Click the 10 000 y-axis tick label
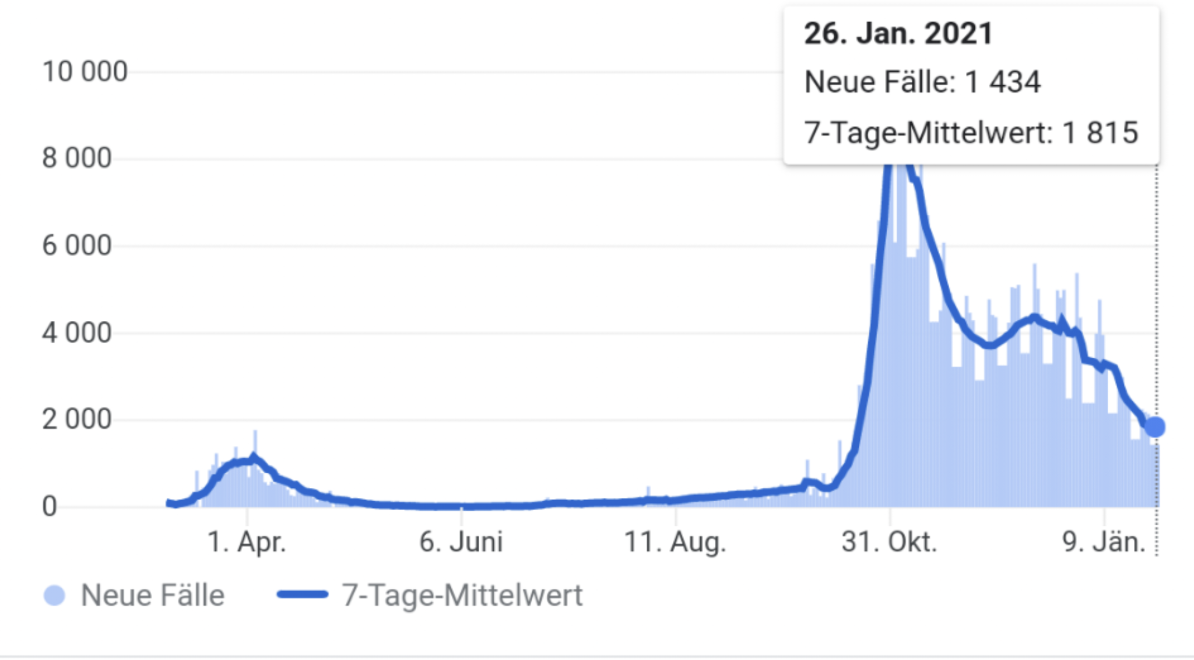pyautogui.click(x=85, y=72)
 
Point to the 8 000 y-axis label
pyautogui.click(x=77, y=158)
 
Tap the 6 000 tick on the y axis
pyautogui.click(x=77, y=245)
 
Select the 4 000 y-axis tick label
pyautogui.click(x=77, y=333)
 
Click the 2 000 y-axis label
pyautogui.click(x=77, y=419)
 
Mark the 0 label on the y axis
pyautogui.click(x=50, y=506)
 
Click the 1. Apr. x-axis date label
pyautogui.click(x=247, y=542)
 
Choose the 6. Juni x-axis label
pyautogui.click(x=461, y=542)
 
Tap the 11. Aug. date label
pyautogui.click(x=675, y=542)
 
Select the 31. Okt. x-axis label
pyautogui.click(x=889, y=542)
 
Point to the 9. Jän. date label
pyautogui.click(x=1104, y=542)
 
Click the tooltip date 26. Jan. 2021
pyautogui.click(x=898, y=33)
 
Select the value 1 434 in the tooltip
pyautogui.click(x=1003, y=82)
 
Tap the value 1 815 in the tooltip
pyautogui.click(x=1100, y=132)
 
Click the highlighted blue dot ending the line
pyautogui.click(x=1155, y=427)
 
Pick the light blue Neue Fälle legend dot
pyautogui.click(x=55, y=595)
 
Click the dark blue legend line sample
pyautogui.click(x=303, y=595)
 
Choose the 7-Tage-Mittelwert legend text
pyautogui.click(x=462, y=595)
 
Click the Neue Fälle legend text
pyautogui.click(x=153, y=595)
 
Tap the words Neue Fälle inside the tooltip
pyautogui.click(x=879, y=82)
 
